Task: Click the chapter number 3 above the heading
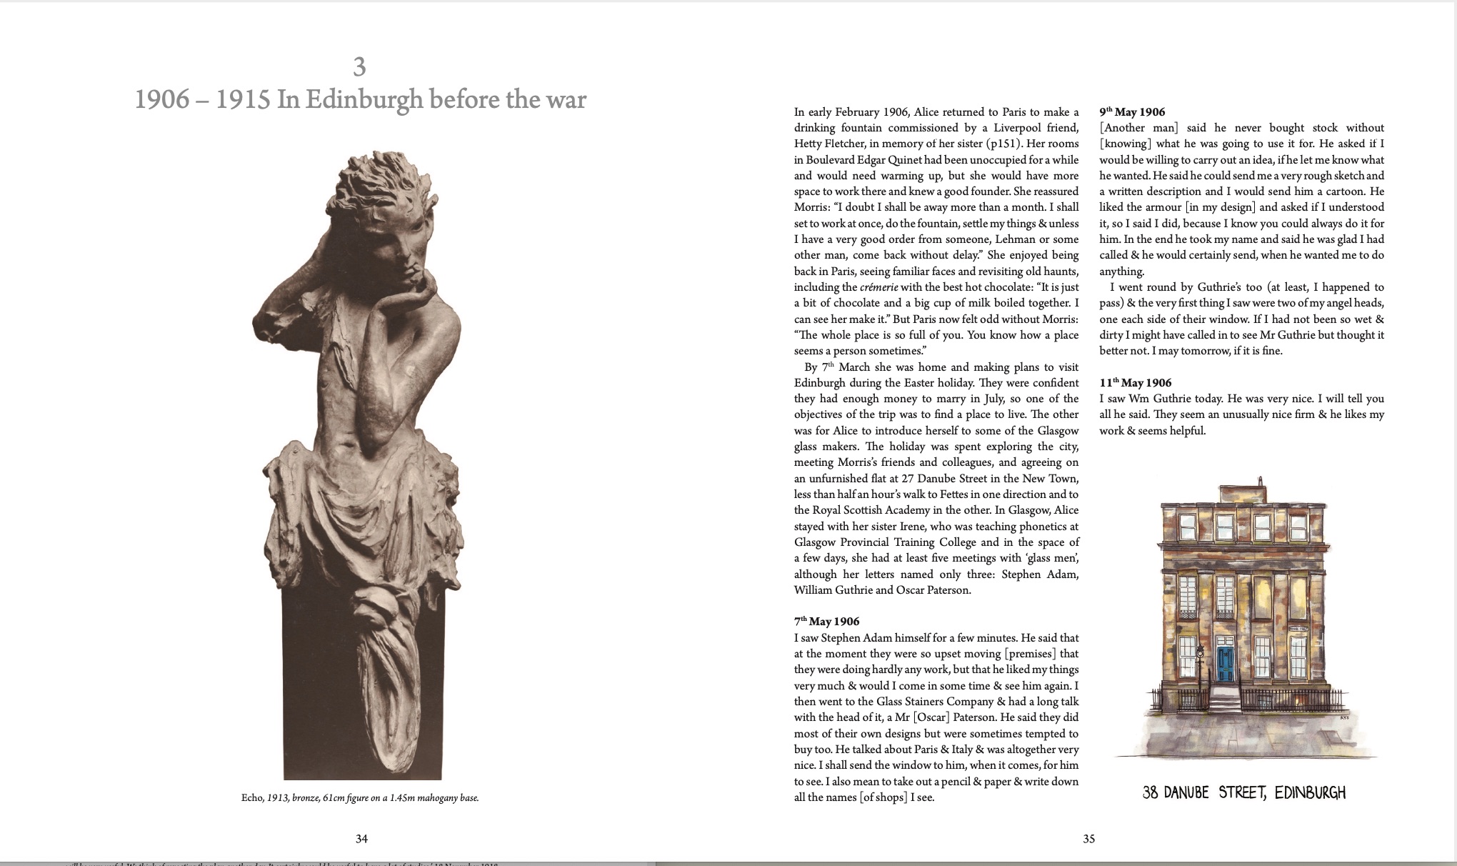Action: (x=359, y=67)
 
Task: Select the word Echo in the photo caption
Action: (x=252, y=798)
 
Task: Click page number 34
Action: (x=361, y=839)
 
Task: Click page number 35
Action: (x=1088, y=839)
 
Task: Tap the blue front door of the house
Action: (x=1226, y=665)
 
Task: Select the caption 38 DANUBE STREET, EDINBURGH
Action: (x=1243, y=792)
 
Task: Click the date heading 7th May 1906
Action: (x=826, y=622)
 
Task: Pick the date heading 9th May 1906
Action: (x=1132, y=112)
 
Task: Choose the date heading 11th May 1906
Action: (x=1135, y=383)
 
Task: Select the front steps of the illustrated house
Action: (x=1225, y=707)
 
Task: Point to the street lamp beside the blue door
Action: (x=1201, y=654)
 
